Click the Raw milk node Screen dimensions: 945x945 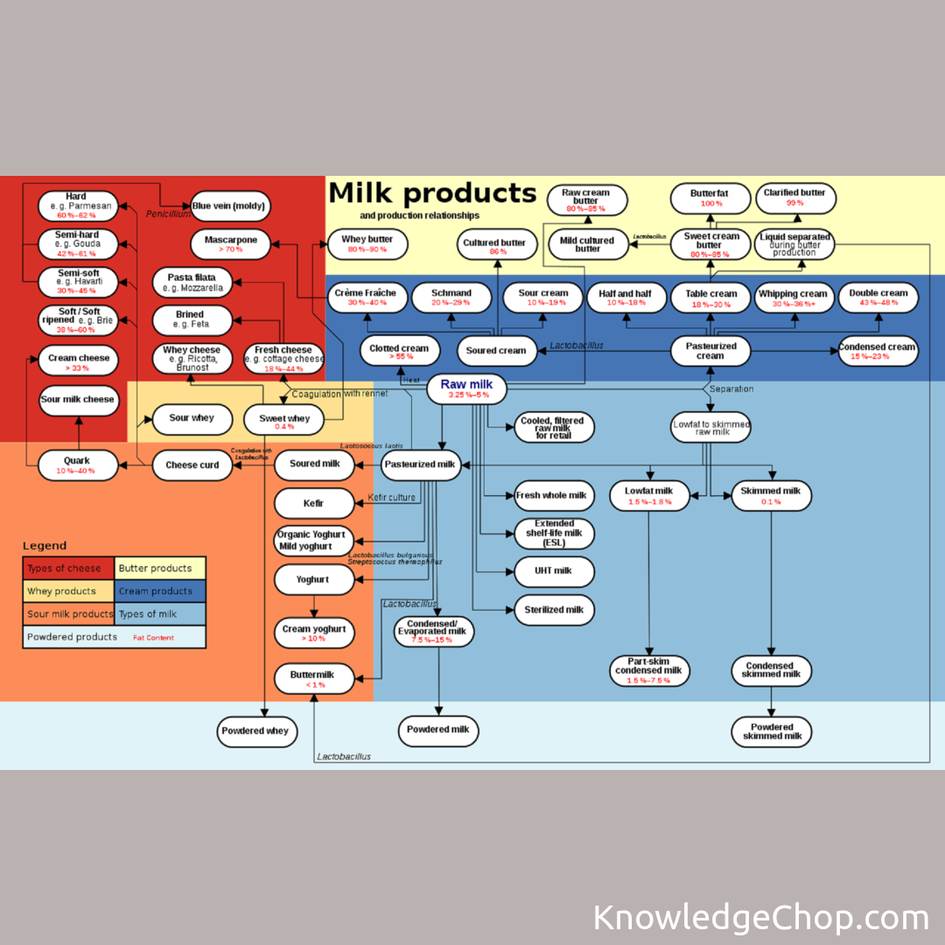coord(466,388)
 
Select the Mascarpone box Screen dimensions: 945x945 coord(231,243)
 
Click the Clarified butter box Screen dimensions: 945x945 coord(794,197)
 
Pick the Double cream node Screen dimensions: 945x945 coord(878,297)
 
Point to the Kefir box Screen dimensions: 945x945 coord(314,503)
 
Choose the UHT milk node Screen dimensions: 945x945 coord(555,571)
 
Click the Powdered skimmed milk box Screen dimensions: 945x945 coord(771,731)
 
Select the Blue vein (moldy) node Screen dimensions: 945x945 coord(231,206)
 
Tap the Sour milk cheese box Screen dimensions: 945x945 coord(78,400)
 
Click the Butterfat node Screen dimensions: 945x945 coord(710,197)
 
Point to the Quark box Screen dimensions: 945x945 coord(77,465)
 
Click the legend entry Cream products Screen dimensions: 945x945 coord(160,591)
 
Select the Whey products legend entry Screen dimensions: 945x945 coord(68,591)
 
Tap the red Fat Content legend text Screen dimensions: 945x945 coord(153,638)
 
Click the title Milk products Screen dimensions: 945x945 coord(432,192)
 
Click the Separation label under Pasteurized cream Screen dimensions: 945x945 coord(731,388)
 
